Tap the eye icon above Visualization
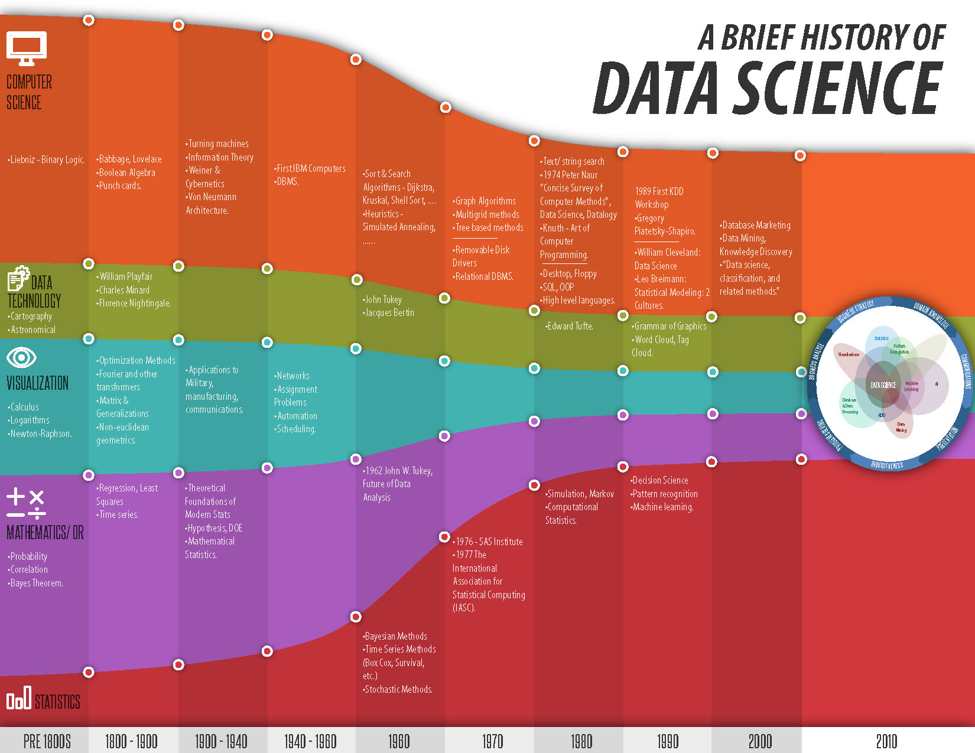[x=21, y=357]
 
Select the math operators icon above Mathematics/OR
[x=26, y=503]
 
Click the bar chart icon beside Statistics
[x=18, y=700]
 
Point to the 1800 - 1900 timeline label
[x=131, y=741]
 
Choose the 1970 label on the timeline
[x=492, y=741]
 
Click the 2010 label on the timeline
[x=886, y=741]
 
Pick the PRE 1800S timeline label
[x=47, y=741]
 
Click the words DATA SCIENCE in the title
[x=768, y=89]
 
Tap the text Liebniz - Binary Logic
[x=47, y=159]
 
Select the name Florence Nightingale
[x=135, y=303]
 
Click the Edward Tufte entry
[x=570, y=326]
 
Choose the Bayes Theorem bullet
[x=37, y=583]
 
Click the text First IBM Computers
[x=311, y=168]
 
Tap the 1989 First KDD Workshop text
[x=659, y=198]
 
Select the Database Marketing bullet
[x=756, y=225]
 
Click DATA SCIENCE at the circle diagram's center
[x=883, y=385]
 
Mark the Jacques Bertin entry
[x=389, y=312]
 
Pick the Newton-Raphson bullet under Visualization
[x=41, y=433]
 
